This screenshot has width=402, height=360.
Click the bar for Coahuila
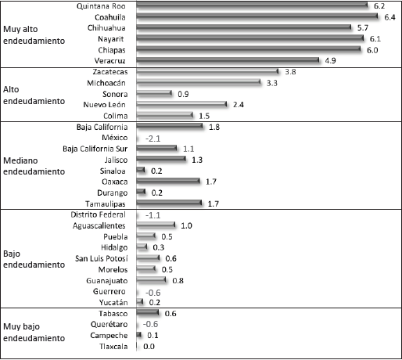coord(257,16)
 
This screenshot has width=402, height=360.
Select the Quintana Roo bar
coord(252,5)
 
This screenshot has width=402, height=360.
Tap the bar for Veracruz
coord(228,60)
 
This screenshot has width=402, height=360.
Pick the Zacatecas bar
coord(207,71)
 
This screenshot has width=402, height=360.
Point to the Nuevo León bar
coord(181,104)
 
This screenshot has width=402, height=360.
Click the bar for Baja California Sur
coord(156,148)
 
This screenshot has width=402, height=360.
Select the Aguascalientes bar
coord(156,225)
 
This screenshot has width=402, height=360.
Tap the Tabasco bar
coord(147,312)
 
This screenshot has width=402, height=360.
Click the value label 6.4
coord(389,17)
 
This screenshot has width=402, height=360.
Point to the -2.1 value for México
coord(153,139)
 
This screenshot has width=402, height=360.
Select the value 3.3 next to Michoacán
coord(272,83)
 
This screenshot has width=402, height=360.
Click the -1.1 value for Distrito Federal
coord(153,215)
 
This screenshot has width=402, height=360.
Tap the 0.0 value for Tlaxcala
coord(149,347)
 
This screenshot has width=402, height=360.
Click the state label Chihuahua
coord(106,28)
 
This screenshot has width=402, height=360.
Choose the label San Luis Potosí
coord(102,258)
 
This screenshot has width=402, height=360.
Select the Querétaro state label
coord(109,324)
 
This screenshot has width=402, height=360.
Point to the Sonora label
coord(115,94)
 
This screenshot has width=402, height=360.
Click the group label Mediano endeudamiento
coord(34,166)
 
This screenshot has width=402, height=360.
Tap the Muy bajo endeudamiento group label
coord(34,333)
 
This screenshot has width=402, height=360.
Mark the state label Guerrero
coord(109,291)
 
